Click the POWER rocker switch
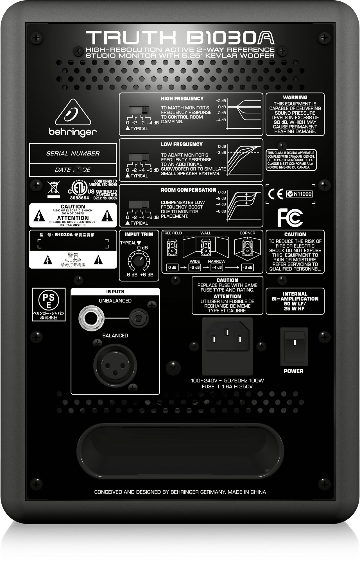[294, 346]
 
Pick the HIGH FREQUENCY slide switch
[139, 110]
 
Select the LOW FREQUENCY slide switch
[139, 157]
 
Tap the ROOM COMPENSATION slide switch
[139, 204]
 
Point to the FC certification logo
[290, 217]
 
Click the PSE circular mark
[49, 300]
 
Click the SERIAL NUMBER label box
[73, 153]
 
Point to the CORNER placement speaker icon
[247, 248]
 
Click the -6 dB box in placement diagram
[247, 268]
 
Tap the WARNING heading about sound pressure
[295, 98]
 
